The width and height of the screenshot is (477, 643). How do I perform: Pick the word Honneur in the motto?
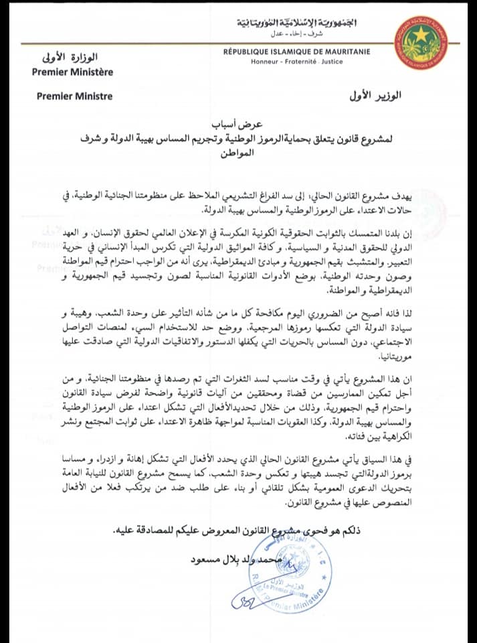coord(264,61)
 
